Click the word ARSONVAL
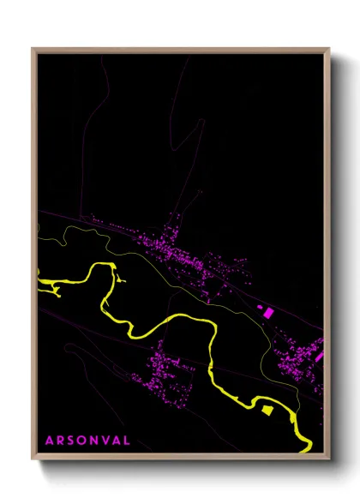click(87, 441)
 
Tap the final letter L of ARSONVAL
click(128, 441)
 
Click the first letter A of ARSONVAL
click(50, 441)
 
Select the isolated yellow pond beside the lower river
click(266, 411)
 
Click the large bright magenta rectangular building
click(266, 313)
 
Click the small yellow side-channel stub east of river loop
click(122, 279)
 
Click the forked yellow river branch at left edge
click(48, 285)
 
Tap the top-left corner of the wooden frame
click(33, 49)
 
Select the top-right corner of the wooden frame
click(329, 49)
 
